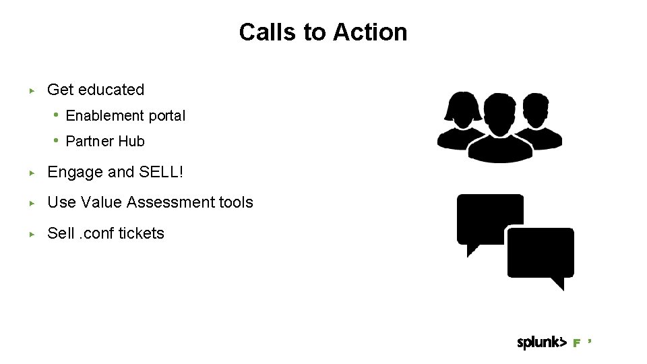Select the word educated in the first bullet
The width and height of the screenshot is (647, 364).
pos(111,90)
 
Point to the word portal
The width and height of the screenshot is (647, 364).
pos(166,116)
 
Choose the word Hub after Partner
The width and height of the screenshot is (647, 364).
pos(131,142)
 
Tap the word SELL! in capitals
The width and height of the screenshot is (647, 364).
pos(161,173)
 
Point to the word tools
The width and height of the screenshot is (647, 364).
pos(237,202)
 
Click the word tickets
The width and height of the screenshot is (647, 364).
pos(142,233)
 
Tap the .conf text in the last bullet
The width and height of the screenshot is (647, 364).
pos(97,233)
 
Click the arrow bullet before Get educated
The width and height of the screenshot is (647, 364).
pos(31,90)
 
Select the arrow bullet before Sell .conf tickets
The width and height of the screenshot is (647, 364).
pos(31,234)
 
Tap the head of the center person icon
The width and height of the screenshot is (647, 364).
pos(499,111)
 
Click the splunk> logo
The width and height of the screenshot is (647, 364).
pos(541,342)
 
